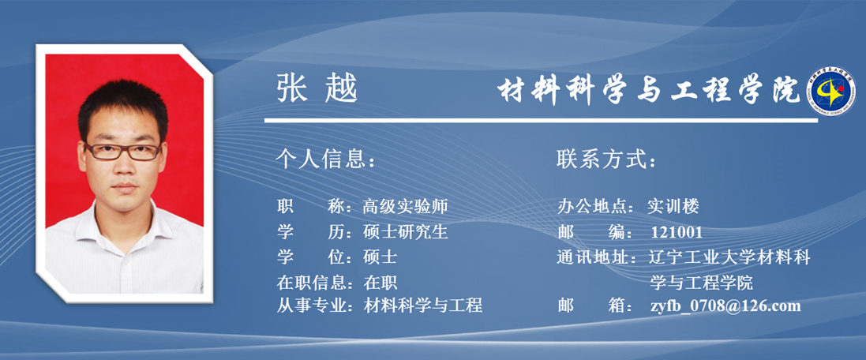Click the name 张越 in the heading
(317, 89)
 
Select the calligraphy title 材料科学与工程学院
(648, 89)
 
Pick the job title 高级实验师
(405, 207)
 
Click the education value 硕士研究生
(406, 232)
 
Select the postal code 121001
(677, 232)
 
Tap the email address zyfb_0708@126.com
(725, 306)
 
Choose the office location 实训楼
(673, 207)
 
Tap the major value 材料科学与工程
(422, 305)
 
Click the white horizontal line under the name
(541, 120)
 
